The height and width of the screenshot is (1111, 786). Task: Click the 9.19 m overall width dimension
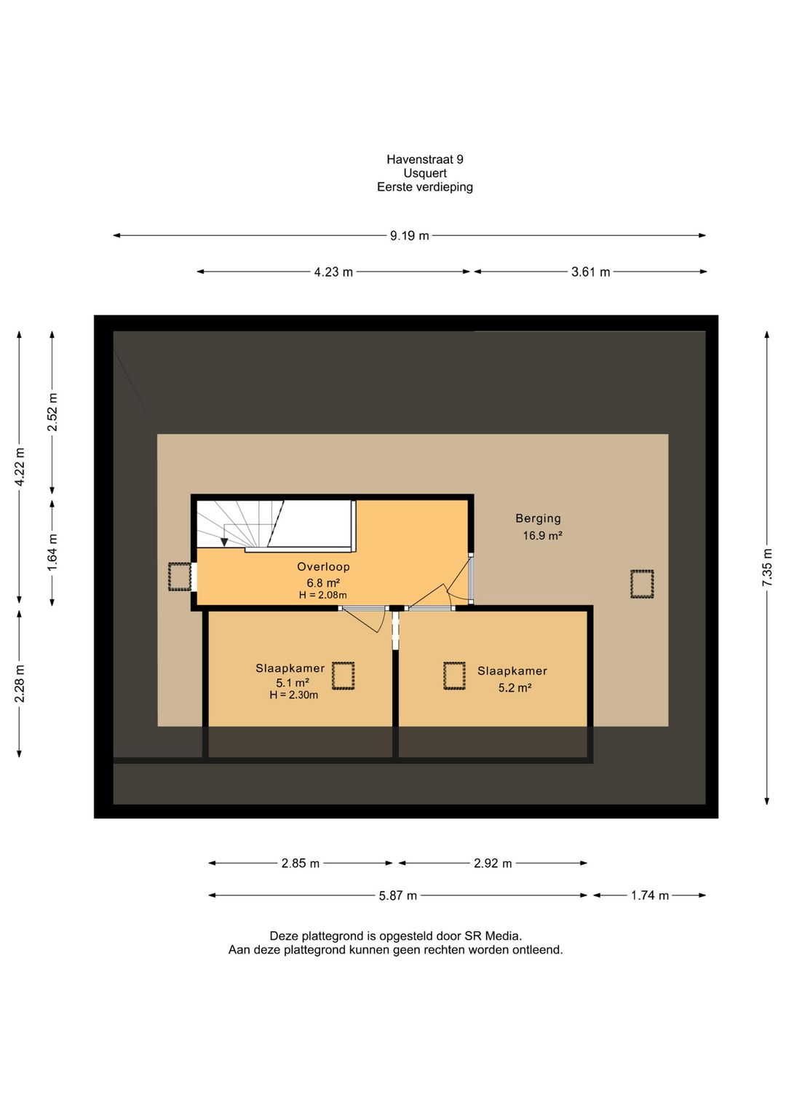click(x=409, y=236)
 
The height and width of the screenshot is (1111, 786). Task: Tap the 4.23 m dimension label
click(x=333, y=272)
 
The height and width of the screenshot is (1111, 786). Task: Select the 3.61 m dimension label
click(x=590, y=272)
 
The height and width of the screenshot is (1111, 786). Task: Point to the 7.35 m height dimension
click(x=766, y=567)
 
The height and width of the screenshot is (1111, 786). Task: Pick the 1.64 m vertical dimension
click(x=52, y=552)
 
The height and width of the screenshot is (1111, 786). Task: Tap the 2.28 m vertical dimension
click(x=19, y=684)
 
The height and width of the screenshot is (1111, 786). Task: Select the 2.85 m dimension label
click(x=301, y=863)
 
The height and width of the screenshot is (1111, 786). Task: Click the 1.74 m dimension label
click(x=650, y=895)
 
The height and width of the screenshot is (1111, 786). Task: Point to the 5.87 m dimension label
click(x=397, y=895)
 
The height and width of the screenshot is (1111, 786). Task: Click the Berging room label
click(x=538, y=518)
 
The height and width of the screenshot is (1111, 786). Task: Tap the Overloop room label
click(x=323, y=566)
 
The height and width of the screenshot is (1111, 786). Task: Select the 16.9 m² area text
click(x=542, y=535)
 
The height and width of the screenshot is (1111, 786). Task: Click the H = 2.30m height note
click(x=293, y=695)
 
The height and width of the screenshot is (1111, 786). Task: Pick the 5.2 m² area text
click(x=515, y=687)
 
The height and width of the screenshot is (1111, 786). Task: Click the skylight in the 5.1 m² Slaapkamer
click(x=343, y=676)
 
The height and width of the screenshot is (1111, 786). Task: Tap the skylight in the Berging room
click(x=642, y=584)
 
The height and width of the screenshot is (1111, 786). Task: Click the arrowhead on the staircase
click(x=224, y=542)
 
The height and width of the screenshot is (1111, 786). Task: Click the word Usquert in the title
click(x=425, y=173)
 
